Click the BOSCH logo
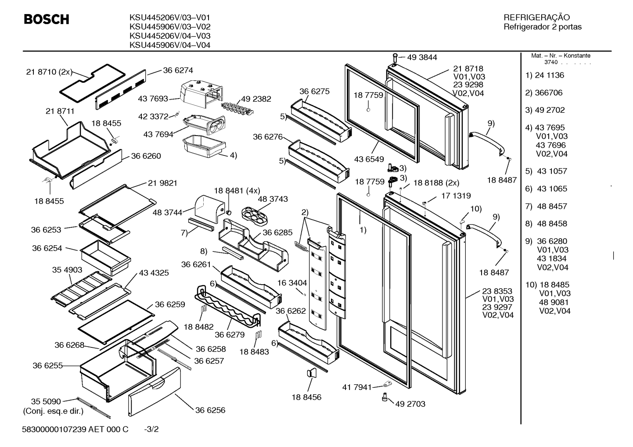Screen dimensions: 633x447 point(47,19)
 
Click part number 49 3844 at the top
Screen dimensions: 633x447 point(422,57)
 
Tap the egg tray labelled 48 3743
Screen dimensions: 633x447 point(254,216)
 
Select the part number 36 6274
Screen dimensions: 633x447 point(178,70)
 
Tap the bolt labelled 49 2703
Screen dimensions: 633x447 point(385,397)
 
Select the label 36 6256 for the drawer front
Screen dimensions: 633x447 point(210,410)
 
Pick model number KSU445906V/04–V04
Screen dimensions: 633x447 point(170,45)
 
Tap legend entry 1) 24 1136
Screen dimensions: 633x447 point(545,75)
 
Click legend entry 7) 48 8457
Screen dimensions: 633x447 point(546,207)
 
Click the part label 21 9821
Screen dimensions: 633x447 point(162,183)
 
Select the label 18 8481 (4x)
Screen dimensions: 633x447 point(237,191)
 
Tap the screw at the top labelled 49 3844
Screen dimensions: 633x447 point(395,58)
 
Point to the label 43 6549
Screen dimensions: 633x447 point(369,159)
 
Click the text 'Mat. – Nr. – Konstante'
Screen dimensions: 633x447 point(561,56)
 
